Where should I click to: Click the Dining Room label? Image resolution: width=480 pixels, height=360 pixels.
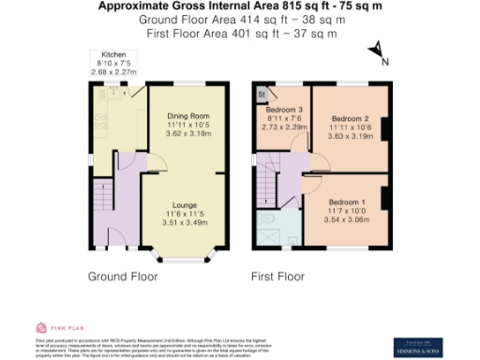[183, 115]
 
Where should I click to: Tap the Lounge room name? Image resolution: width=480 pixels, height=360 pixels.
[183, 202]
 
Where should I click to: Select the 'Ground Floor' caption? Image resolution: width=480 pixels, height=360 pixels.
[124, 277]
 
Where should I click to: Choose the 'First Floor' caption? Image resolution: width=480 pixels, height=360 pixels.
[277, 277]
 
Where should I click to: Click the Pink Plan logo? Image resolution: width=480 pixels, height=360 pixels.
[53, 327]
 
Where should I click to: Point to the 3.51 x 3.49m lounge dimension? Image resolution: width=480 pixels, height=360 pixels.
[183, 224]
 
